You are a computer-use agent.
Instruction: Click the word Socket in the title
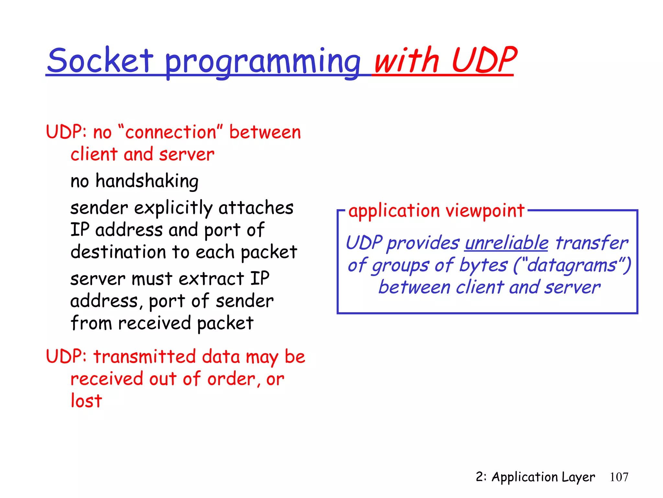[x=100, y=61]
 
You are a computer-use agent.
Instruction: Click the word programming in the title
[x=263, y=62]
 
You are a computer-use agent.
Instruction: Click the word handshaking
[x=147, y=181]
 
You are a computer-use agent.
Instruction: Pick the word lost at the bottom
[x=86, y=401]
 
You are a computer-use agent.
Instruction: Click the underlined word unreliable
[x=506, y=243]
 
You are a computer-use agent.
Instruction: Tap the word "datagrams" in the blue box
[x=572, y=265]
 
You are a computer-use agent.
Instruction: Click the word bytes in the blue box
[x=483, y=265]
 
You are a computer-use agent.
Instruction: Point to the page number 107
[x=619, y=477]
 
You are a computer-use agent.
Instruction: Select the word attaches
[x=256, y=208]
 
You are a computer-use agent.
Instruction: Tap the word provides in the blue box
[x=423, y=243]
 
